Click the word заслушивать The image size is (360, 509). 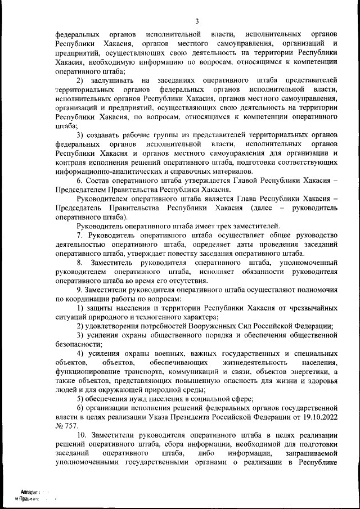click(111, 80)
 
